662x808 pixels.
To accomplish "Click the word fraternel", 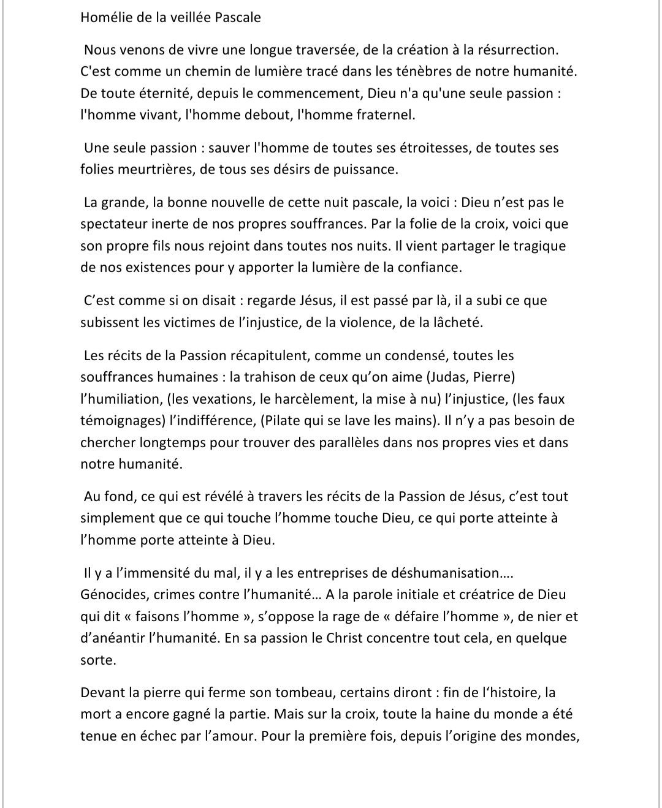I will point(383,115).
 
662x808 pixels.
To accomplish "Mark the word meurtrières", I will point(153,169).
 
